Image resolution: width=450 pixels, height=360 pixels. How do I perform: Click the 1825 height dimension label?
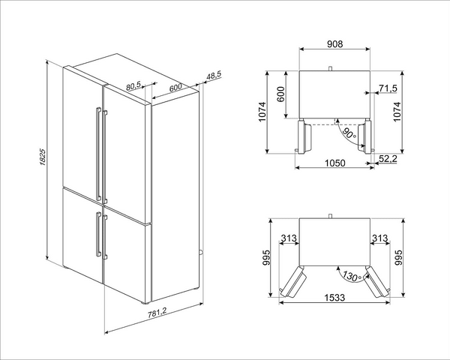42,157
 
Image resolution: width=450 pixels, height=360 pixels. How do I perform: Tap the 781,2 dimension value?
157,313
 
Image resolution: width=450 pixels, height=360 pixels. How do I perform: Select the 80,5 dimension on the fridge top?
133,85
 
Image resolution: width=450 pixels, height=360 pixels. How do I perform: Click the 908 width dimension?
335,44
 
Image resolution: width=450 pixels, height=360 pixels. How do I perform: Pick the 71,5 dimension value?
388,88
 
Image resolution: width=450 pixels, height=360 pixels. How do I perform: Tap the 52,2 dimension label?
388,158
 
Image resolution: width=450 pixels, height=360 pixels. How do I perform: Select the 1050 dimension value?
334,163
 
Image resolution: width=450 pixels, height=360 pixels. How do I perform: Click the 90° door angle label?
349,134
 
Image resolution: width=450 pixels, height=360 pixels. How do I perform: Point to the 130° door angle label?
352,276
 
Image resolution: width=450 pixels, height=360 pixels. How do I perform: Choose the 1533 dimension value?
334,298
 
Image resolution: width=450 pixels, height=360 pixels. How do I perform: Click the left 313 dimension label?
289,238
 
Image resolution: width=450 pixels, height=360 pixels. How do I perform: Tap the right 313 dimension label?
379,238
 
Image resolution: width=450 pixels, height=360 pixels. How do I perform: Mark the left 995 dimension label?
266,257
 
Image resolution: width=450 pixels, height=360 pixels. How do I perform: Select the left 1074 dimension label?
262,112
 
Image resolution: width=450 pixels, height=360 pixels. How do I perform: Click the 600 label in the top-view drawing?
281,94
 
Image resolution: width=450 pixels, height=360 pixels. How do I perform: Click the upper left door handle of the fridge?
98,154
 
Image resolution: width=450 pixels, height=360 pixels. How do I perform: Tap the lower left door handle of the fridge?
98,234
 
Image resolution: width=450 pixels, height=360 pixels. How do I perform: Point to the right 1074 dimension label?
397,112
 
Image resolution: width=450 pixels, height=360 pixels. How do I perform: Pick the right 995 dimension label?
399,257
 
